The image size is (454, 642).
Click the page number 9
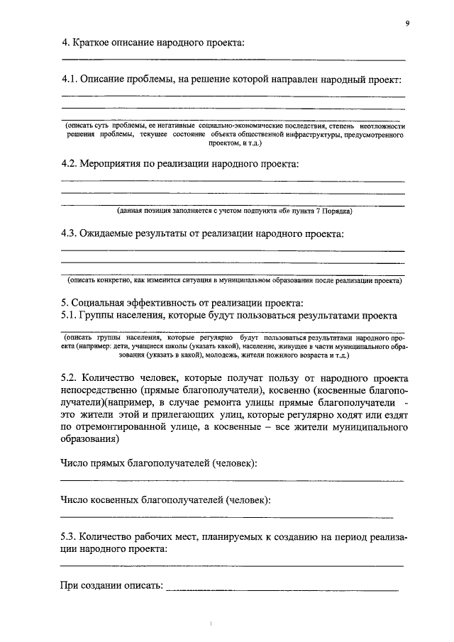408,23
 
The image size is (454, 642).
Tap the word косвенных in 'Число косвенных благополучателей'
121,499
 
